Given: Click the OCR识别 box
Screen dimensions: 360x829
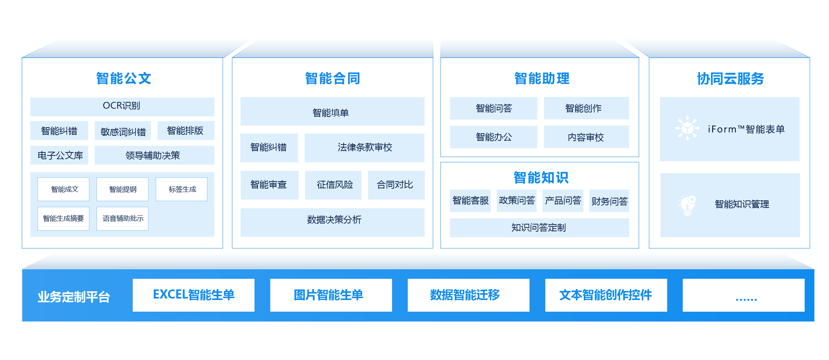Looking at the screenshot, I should pyautogui.click(x=122, y=106).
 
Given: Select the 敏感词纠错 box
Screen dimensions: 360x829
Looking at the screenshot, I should pyautogui.click(x=123, y=131).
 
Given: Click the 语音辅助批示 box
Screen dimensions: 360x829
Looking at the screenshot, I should pyautogui.click(x=123, y=218).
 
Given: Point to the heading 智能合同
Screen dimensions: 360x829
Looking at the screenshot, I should pyautogui.click(x=332, y=78).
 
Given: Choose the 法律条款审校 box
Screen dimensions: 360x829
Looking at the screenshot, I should pyautogui.click(x=364, y=148).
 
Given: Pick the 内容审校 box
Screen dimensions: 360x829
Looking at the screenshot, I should pyautogui.click(x=586, y=137).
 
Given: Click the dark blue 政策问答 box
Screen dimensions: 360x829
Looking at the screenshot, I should pyautogui.click(x=517, y=200).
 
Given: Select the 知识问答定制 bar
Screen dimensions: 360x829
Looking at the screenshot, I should pyautogui.click(x=539, y=228).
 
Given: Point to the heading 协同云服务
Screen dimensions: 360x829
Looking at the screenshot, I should pyautogui.click(x=730, y=78).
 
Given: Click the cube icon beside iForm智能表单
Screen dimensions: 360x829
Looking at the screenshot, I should pyautogui.click(x=687, y=128).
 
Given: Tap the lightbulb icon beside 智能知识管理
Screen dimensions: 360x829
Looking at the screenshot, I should pyautogui.click(x=688, y=205).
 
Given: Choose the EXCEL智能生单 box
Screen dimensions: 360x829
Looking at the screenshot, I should pyautogui.click(x=193, y=295).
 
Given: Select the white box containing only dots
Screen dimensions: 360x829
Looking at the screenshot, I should pyautogui.click(x=743, y=295).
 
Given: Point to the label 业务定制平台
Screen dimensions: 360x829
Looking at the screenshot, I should pyautogui.click(x=74, y=297).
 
